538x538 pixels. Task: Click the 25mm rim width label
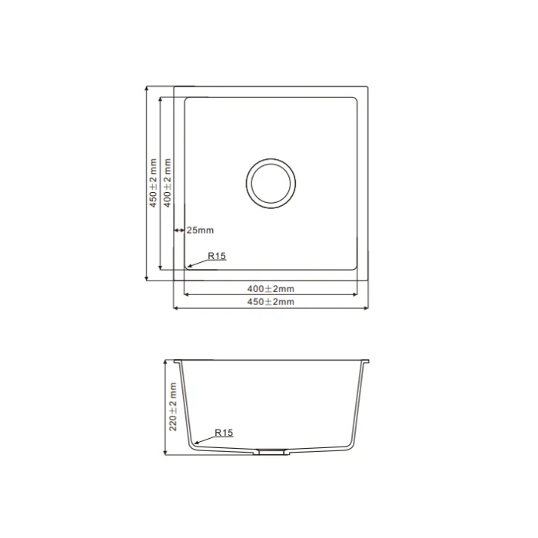pos(200,230)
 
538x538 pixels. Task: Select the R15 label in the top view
pos(217,256)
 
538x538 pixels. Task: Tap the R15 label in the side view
pos(224,433)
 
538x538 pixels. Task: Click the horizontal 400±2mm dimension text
pos(271,289)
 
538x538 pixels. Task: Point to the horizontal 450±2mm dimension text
pos(271,302)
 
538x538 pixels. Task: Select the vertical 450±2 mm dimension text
pos(153,183)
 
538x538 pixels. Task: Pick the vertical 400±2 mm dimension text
pos(167,183)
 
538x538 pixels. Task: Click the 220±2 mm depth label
pos(173,407)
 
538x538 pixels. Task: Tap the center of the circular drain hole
pos(271,184)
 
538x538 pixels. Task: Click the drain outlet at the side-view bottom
pos(271,452)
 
